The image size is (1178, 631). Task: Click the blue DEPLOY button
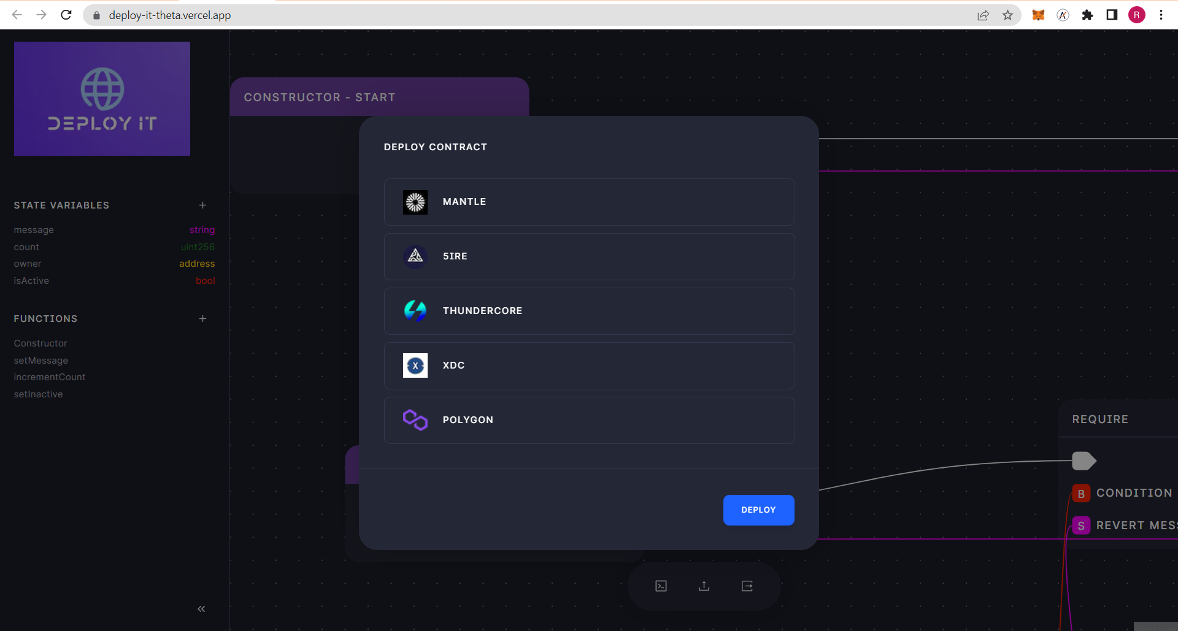coord(758,510)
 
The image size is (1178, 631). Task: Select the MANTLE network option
coord(589,202)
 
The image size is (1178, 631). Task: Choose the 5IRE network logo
coord(415,256)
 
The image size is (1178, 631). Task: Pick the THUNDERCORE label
coord(482,311)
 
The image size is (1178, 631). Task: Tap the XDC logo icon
coord(415,365)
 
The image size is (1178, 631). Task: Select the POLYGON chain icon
coord(415,420)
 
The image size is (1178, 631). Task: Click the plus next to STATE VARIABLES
coord(202,205)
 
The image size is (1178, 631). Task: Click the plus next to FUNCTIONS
coord(202,318)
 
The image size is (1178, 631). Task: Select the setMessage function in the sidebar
coord(41,361)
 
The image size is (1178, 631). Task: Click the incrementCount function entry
coord(50,377)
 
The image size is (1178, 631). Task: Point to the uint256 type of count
coord(198,247)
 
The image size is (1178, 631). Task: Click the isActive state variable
coord(31,281)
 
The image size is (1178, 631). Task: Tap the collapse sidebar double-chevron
coord(201,609)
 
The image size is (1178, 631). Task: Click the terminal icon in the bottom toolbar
coord(661,586)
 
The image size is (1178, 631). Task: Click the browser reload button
coord(66,15)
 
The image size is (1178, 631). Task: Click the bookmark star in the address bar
coord(1007,15)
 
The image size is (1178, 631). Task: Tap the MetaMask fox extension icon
coord(1038,15)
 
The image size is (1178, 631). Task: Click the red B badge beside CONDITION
coord(1081,494)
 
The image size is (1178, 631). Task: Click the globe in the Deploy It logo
coord(102,89)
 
